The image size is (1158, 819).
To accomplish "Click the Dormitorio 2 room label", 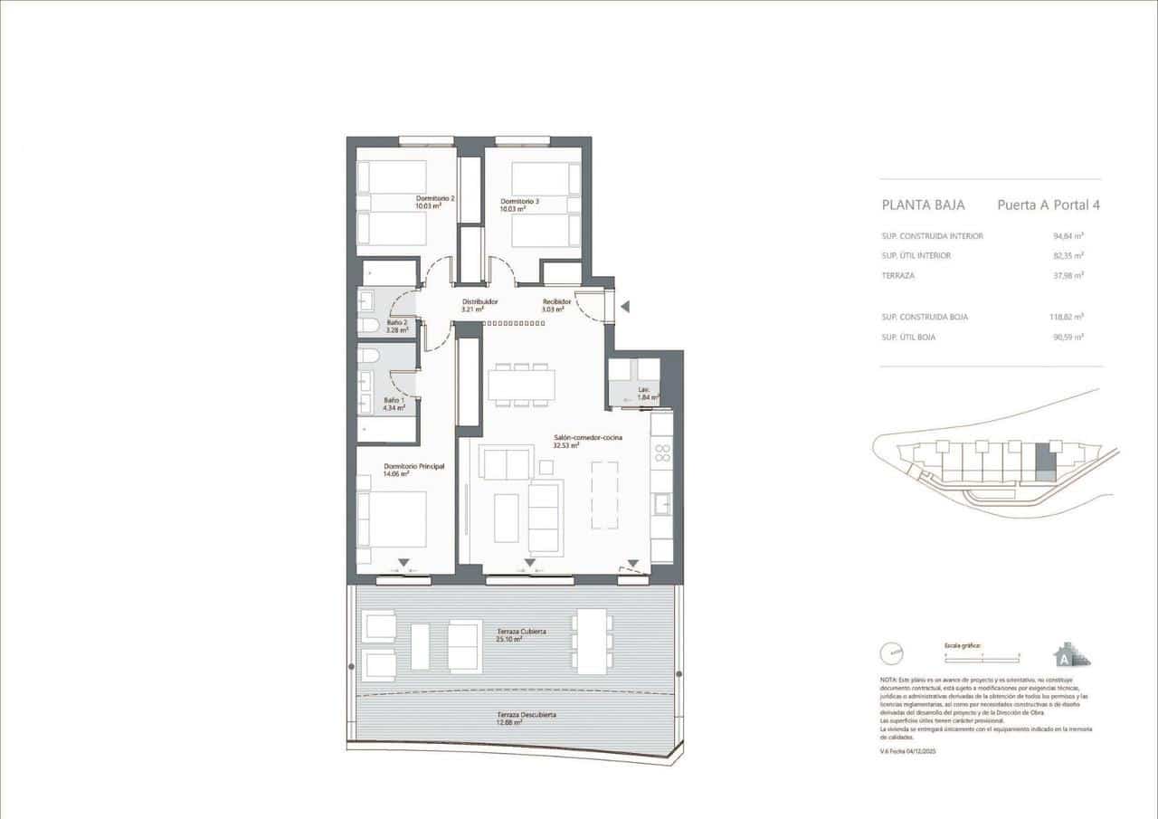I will point(434,202).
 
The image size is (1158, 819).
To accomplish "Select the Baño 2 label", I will point(397,326).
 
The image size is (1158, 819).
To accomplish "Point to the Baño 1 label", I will point(394,404).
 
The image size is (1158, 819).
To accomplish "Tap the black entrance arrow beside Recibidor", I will point(625,307).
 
